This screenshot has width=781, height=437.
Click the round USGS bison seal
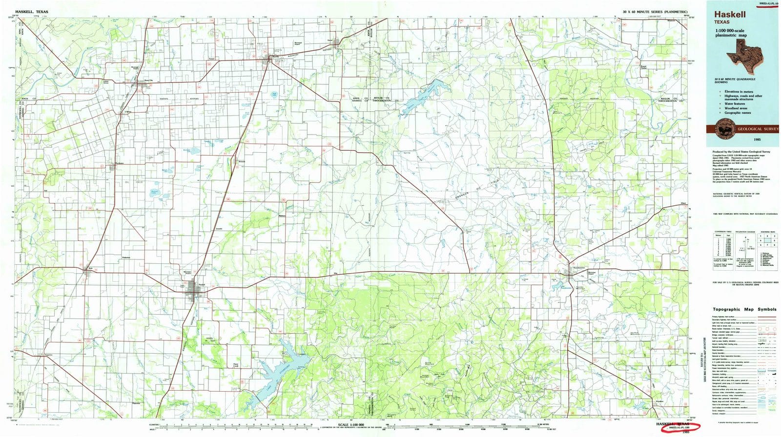point(723,129)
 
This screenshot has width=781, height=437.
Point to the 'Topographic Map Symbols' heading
point(744,309)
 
